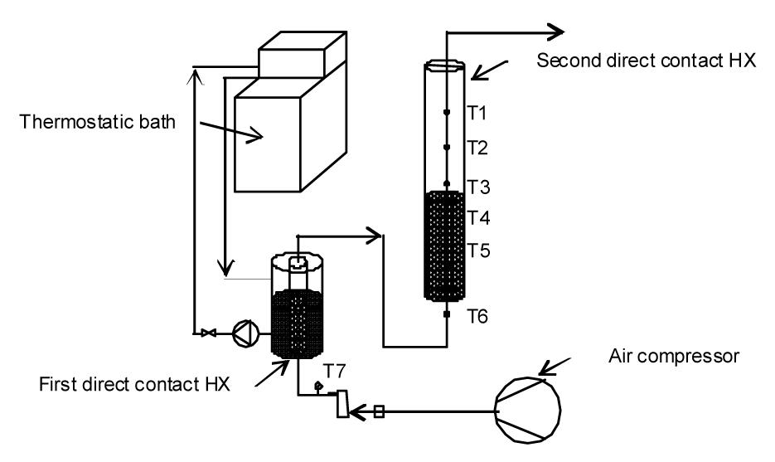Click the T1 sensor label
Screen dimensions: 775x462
click(477, 113)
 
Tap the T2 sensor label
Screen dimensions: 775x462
click(477, 148)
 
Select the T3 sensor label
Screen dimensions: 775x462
click(478, 187)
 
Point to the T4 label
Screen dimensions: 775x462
click(478, 217)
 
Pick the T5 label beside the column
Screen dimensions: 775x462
click(478, 250)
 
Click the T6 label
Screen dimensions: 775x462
click(477, 315)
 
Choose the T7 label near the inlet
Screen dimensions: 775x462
click(335, 371)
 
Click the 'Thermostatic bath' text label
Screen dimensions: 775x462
click(97, 122)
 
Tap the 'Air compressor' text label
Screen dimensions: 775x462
click(674, 356)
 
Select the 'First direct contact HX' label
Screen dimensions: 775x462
click(134, 384)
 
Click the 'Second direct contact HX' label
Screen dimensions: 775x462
click(646, 61)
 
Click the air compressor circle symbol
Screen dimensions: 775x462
click(528, 410)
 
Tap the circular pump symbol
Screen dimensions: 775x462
click(245, 333)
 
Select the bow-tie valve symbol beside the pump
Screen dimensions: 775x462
click(208, 333)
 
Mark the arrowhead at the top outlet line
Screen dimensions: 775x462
click(555, 32)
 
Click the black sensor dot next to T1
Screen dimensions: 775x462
click(447, 113)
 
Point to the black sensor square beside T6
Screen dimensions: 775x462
click(447, 314)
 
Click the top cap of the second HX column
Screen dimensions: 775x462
click(444, 66)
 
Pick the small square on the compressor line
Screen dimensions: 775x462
click(379, 411)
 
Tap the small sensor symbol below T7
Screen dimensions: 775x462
click(317, 386)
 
